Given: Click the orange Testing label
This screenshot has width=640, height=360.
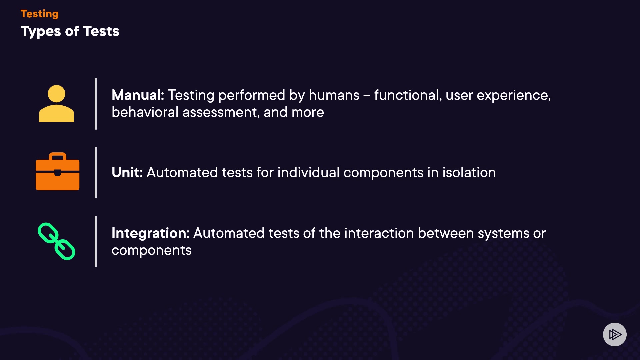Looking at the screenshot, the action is coord(39,14).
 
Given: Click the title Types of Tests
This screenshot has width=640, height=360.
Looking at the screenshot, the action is coord(70,31).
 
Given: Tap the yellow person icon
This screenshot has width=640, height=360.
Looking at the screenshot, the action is coord(56,103).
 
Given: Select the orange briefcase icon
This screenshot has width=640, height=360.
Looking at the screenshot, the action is coord(57,171).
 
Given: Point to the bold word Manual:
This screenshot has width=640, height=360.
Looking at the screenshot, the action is coord(138,95).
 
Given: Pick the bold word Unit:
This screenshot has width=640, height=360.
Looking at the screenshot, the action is coord(127,173).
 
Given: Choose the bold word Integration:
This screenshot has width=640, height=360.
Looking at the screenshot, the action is coord(150,233).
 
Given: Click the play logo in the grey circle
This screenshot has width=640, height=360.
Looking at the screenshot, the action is coord(615,334).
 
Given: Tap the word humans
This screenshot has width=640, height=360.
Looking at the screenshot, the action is coord(334,95).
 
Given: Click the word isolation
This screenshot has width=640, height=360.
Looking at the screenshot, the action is coord(469,173).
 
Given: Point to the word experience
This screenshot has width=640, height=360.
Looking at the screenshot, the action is coord(513,96).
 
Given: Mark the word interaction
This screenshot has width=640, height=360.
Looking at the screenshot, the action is coord(379,233).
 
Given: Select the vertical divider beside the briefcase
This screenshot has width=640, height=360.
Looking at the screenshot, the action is coord(96,173).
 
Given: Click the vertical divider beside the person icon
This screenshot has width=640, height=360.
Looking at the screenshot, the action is coord(96,104).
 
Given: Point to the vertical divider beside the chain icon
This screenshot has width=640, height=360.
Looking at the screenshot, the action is coord(96,242).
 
